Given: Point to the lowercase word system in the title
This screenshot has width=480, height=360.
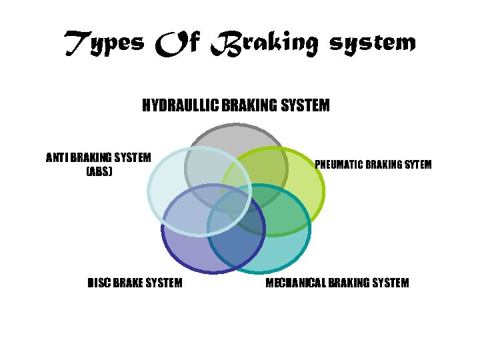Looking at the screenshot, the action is tap(373, 44).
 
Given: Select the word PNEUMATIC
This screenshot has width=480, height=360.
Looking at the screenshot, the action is tap(341, 164).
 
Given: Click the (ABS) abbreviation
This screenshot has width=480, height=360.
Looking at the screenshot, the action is tap(99, 171).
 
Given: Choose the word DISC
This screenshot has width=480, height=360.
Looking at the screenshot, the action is tap(99, 283).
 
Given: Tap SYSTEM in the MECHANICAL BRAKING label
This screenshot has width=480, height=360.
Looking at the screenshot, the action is tap(389, 283).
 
